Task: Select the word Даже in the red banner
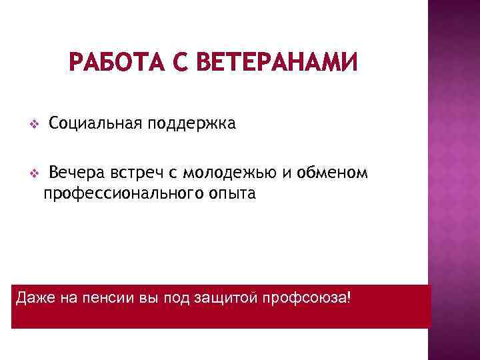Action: tap(30, 297)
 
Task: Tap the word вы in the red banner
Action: tap(145, 297)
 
